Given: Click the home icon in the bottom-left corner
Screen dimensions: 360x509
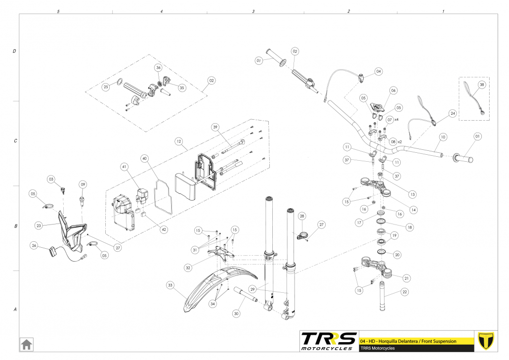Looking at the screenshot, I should point(26,343).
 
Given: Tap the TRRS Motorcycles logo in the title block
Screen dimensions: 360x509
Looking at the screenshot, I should point(329,341).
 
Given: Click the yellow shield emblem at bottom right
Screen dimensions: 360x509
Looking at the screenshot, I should point(487,341).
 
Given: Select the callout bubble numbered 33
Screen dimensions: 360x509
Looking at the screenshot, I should point(170,285).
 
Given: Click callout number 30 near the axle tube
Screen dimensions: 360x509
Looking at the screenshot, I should point(236,313).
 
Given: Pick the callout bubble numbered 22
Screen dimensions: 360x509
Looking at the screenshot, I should point(405,292).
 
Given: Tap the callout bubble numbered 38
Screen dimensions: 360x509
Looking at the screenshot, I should point(482,85).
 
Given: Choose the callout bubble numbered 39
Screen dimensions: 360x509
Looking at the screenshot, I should point(215,127).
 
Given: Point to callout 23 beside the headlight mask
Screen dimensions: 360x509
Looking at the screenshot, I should point(39,225).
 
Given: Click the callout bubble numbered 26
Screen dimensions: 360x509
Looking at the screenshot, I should point(34,245).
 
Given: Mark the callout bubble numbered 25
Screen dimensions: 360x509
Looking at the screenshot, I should point(106,87).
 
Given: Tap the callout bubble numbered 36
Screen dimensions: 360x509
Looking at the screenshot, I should point(158,67).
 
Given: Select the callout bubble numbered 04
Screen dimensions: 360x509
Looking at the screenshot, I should point(379,71).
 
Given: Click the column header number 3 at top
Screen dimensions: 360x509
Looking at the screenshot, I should point(253,10).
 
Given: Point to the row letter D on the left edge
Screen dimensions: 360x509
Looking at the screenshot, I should point(14,51).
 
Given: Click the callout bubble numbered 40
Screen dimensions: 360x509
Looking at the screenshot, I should point(144,159).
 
